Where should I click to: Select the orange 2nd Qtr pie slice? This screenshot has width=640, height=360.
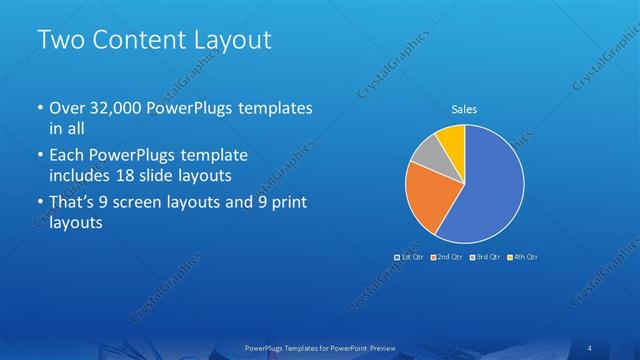tap(427, 199)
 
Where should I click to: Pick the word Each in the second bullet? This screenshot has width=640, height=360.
tap(66, 156)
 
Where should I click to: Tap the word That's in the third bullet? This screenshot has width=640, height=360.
tap(73, 204)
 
